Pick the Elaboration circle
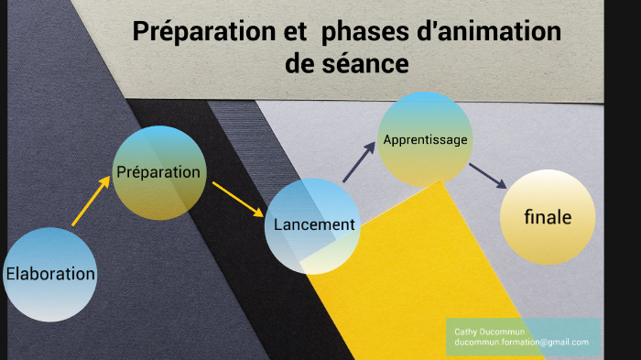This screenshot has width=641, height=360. pos(50,274)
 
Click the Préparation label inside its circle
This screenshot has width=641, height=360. pos(158,171)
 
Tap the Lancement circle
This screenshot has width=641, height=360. pos(311,226)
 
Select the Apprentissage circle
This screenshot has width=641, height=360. pos(425,139)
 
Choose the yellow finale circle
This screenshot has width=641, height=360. pos(548,218)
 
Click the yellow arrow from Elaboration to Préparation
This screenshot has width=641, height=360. pos(92,201)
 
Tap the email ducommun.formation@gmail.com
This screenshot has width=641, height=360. pos(522,342)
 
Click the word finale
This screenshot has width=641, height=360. pos(548,218)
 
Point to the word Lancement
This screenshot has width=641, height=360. pos(314,224)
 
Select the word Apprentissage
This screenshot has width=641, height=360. pos(425,140)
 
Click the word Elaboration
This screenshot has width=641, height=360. pos(50,273)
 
